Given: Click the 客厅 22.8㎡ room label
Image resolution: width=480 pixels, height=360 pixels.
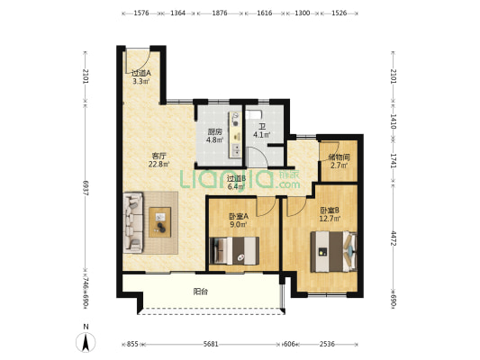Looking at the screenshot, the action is pyautogui.click(x=158, y=160).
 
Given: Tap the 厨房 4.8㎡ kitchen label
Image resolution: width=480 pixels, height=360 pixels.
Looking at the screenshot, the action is pyautogui.click(x=215, y=136).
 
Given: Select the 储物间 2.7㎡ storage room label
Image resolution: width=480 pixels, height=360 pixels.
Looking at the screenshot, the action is pyautogui.click(x=339, y=161).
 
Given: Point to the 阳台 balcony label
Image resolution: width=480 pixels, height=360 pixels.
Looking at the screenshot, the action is pyautogui.click(x=201, y=292).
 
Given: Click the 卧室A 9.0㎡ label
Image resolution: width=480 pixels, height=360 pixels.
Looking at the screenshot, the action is pyautogui.click(x=239, y=220).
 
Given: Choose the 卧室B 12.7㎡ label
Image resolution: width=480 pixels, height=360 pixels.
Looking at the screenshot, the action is pyautogui.click(x=330, y=214).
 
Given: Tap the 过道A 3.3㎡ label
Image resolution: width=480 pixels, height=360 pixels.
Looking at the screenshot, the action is pyautogui.click(x=141, y=77).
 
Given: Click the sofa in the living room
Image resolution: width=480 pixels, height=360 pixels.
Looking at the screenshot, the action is pyautogui.click(x=133, y=222).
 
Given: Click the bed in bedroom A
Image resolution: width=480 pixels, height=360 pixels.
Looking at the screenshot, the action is pyautogui.click(x=234, y=250).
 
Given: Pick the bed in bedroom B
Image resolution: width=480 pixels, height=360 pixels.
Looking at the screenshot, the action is pyautogui.click(x=334, y=251).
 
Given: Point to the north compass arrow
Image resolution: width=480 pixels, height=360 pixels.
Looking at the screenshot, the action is pyautogui.click(x=86, y=342).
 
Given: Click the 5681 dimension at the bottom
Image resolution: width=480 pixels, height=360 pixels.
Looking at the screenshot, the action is pyautogui.click(x=211, y=344).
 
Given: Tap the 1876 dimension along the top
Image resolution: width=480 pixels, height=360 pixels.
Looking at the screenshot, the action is pyautogui.click(x=220, y=13).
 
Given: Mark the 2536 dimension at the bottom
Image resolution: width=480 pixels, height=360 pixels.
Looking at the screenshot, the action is pyautogui.click(x=327, y=344).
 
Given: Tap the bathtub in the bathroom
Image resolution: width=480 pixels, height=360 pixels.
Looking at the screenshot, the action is pyautogui.click(x=254, y=115).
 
